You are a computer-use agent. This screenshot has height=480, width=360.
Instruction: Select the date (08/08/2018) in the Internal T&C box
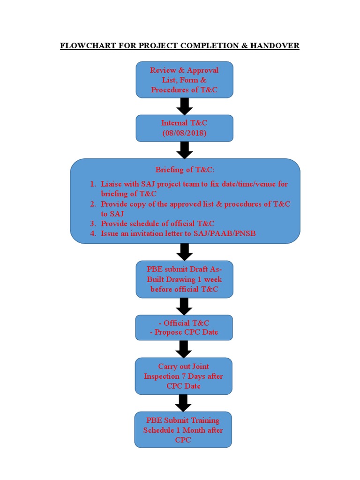184,133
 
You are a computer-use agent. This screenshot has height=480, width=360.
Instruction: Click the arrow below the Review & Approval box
184,106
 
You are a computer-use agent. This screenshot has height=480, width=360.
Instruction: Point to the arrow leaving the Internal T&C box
184,150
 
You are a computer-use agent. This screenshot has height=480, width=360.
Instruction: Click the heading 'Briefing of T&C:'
184,170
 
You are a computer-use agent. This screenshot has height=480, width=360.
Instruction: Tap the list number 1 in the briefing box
93,184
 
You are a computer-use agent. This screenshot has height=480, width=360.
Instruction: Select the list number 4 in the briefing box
93,233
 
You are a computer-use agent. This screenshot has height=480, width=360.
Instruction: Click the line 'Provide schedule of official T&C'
157,224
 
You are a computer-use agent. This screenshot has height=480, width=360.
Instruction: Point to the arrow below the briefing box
184,252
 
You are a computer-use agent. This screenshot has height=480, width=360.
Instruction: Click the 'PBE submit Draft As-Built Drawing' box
184,279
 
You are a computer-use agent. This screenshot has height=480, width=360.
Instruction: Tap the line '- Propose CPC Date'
184,332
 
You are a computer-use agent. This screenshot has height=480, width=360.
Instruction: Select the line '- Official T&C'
184,323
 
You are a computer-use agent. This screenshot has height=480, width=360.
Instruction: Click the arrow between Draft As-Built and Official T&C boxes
184,307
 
